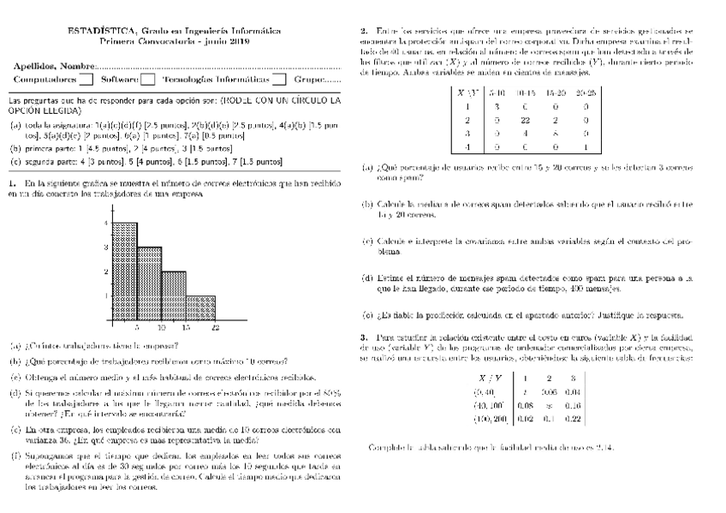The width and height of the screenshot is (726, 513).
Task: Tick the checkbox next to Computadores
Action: click(86, 81)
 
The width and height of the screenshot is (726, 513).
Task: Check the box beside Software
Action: click(147, 81)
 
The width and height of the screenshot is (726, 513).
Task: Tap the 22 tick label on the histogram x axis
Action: click(215, 328)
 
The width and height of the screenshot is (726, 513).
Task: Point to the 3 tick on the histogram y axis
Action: click(105, 248)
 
